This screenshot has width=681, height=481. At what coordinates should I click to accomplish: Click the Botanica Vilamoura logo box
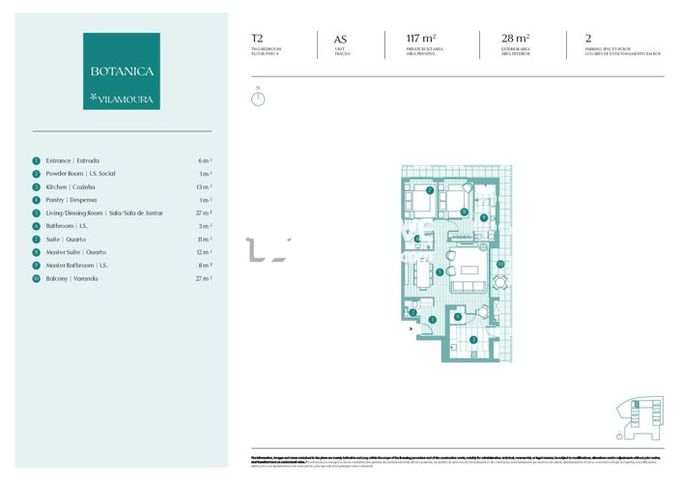(x=122, y=71)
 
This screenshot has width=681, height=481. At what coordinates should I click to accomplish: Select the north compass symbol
(x=258, y=98)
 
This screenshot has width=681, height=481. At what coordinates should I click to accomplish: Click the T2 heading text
(x=257, y=40)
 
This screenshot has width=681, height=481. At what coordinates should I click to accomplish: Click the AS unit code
(x=340, y=40)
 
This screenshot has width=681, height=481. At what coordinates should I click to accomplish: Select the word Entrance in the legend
(x=59, y=160)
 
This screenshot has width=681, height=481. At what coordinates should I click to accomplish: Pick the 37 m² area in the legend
(x=204, y=212)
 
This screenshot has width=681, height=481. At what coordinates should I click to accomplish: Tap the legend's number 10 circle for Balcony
(x=36, y=278)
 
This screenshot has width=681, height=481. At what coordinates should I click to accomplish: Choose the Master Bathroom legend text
(x=76, y=265)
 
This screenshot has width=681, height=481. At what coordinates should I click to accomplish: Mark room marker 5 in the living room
(x=440, y=272)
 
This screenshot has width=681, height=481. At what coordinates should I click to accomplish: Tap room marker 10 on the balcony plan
(x=500, y=263)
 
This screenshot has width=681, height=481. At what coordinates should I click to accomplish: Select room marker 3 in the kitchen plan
(x=432, y=319)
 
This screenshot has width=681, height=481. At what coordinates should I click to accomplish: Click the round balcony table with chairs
(x=500, y=282)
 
